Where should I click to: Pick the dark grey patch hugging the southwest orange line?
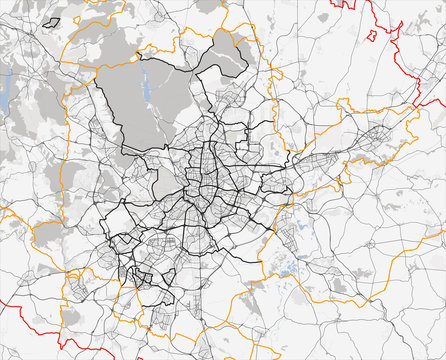48,232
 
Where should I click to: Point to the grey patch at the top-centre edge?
208,5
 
